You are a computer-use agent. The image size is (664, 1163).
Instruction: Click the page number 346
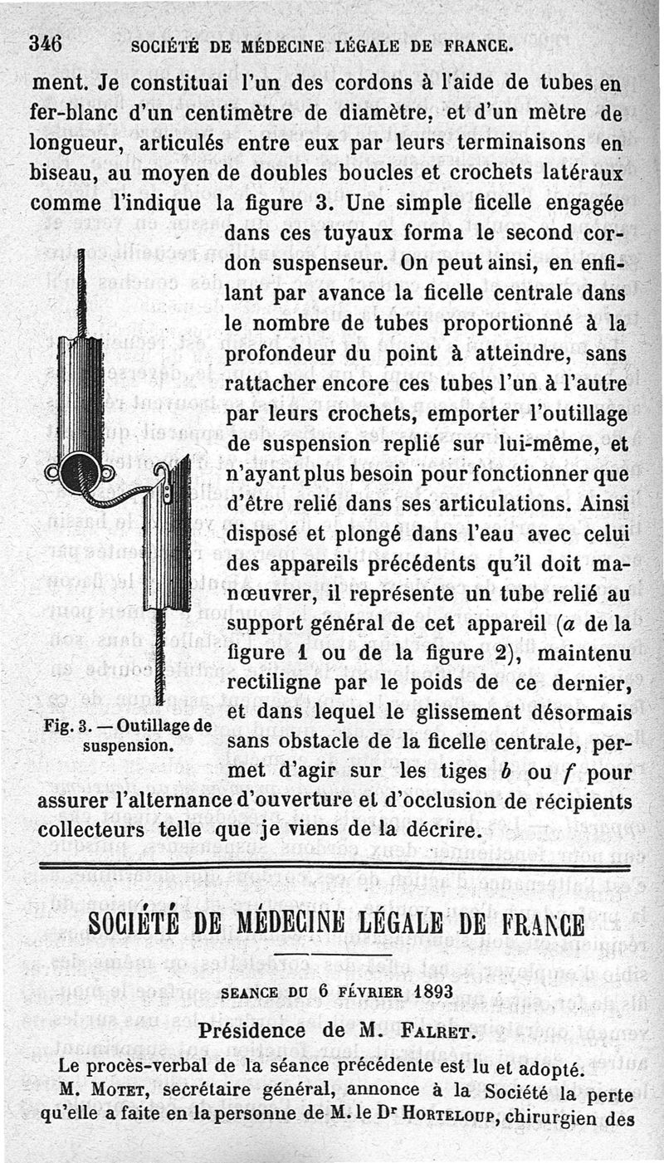click(46, 42)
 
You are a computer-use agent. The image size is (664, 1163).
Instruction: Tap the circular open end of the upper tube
click(80, 472)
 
